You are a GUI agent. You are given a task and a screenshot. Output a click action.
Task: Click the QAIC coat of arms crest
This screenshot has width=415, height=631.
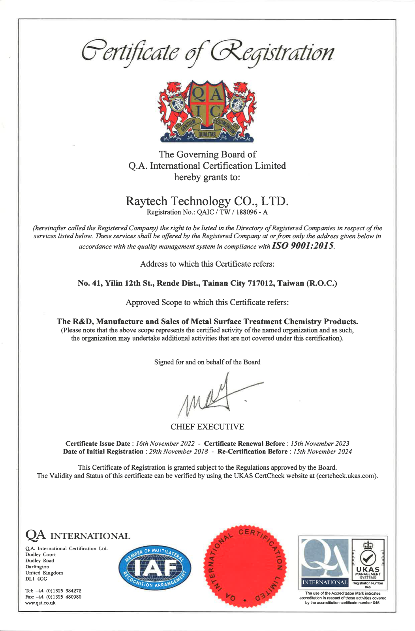207,111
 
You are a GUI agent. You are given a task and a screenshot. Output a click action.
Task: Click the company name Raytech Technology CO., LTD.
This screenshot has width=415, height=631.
207,201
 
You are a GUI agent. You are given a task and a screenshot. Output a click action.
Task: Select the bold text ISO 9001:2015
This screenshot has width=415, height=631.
302,246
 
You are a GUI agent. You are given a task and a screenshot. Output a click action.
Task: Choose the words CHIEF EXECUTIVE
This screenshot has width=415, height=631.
207,427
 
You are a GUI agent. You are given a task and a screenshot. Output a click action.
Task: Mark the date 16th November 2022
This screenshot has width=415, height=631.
165,444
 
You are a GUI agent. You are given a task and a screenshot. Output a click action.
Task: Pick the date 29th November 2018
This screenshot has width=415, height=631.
178,452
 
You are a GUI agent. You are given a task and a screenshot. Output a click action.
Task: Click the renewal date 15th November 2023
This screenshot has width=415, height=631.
320,444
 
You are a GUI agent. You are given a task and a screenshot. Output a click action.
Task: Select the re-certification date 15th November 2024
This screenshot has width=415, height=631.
322,452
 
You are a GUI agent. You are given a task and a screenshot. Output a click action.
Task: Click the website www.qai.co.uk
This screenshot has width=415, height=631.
40,603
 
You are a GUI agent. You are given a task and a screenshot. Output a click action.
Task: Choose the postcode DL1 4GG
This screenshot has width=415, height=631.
36,579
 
